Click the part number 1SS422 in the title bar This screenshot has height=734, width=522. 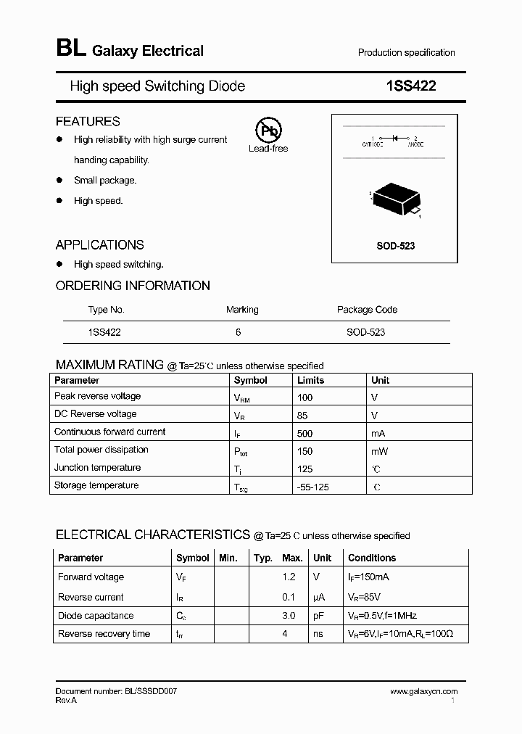[x=411, y=86]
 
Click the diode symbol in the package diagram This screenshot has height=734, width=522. [x=395, y=137]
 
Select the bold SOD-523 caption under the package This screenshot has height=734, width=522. [x=395, y=246]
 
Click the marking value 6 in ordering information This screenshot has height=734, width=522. [x=239, y=332]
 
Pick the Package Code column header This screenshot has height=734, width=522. [x=367, y=310]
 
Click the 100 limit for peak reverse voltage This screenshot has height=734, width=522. [x=305, y=397]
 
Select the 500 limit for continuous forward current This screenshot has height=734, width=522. [x=305, y=433]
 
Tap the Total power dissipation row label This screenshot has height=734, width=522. [x=101, y=450]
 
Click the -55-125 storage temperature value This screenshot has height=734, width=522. [x=313, y=487]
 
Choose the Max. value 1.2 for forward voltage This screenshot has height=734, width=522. [x=289, y=577]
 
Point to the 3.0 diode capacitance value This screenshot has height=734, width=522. [x=289, y=616]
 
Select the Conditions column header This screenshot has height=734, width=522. [x=372, y=558]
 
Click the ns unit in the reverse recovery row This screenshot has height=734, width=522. [x=318, y=634]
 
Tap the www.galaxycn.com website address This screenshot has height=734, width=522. [x=424, y=692]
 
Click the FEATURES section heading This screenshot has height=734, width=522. [x=88, y=121]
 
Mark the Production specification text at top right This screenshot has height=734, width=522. [x=406, y=53]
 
